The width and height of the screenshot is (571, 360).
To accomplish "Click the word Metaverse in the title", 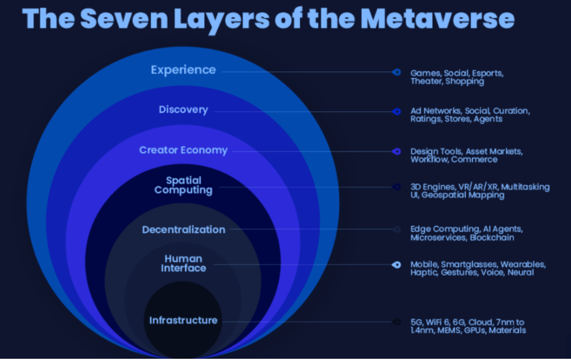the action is point(437,18).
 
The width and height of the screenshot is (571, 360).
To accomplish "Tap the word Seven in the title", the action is point(124,18).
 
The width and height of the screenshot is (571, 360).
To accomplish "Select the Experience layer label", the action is point(183,70).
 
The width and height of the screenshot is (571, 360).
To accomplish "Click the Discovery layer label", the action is point(183,110).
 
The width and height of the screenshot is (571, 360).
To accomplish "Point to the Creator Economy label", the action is point(183,150).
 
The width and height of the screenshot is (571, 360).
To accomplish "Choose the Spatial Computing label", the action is point(183,186).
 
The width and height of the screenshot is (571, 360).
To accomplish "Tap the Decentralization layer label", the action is point(184,230).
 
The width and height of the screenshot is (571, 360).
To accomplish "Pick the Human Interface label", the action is point(183,263).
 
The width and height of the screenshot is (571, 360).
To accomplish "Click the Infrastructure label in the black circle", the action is point(183,320).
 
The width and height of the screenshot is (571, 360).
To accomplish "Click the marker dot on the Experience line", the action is point(396,72).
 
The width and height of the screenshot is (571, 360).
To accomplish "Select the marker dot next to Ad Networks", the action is point(396,111).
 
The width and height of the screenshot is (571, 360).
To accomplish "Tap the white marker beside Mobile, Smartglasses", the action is point(396,264).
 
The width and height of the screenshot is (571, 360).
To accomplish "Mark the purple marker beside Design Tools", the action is point(396,151).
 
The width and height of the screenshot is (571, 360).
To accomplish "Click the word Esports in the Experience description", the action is point(488,73).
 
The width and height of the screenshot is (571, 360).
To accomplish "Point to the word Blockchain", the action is point(492,238).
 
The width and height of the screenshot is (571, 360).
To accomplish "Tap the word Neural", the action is point(521,272).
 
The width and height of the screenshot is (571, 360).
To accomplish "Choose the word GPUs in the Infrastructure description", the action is point(474,331).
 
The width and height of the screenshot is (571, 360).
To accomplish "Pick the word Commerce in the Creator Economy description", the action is point(474,159).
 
